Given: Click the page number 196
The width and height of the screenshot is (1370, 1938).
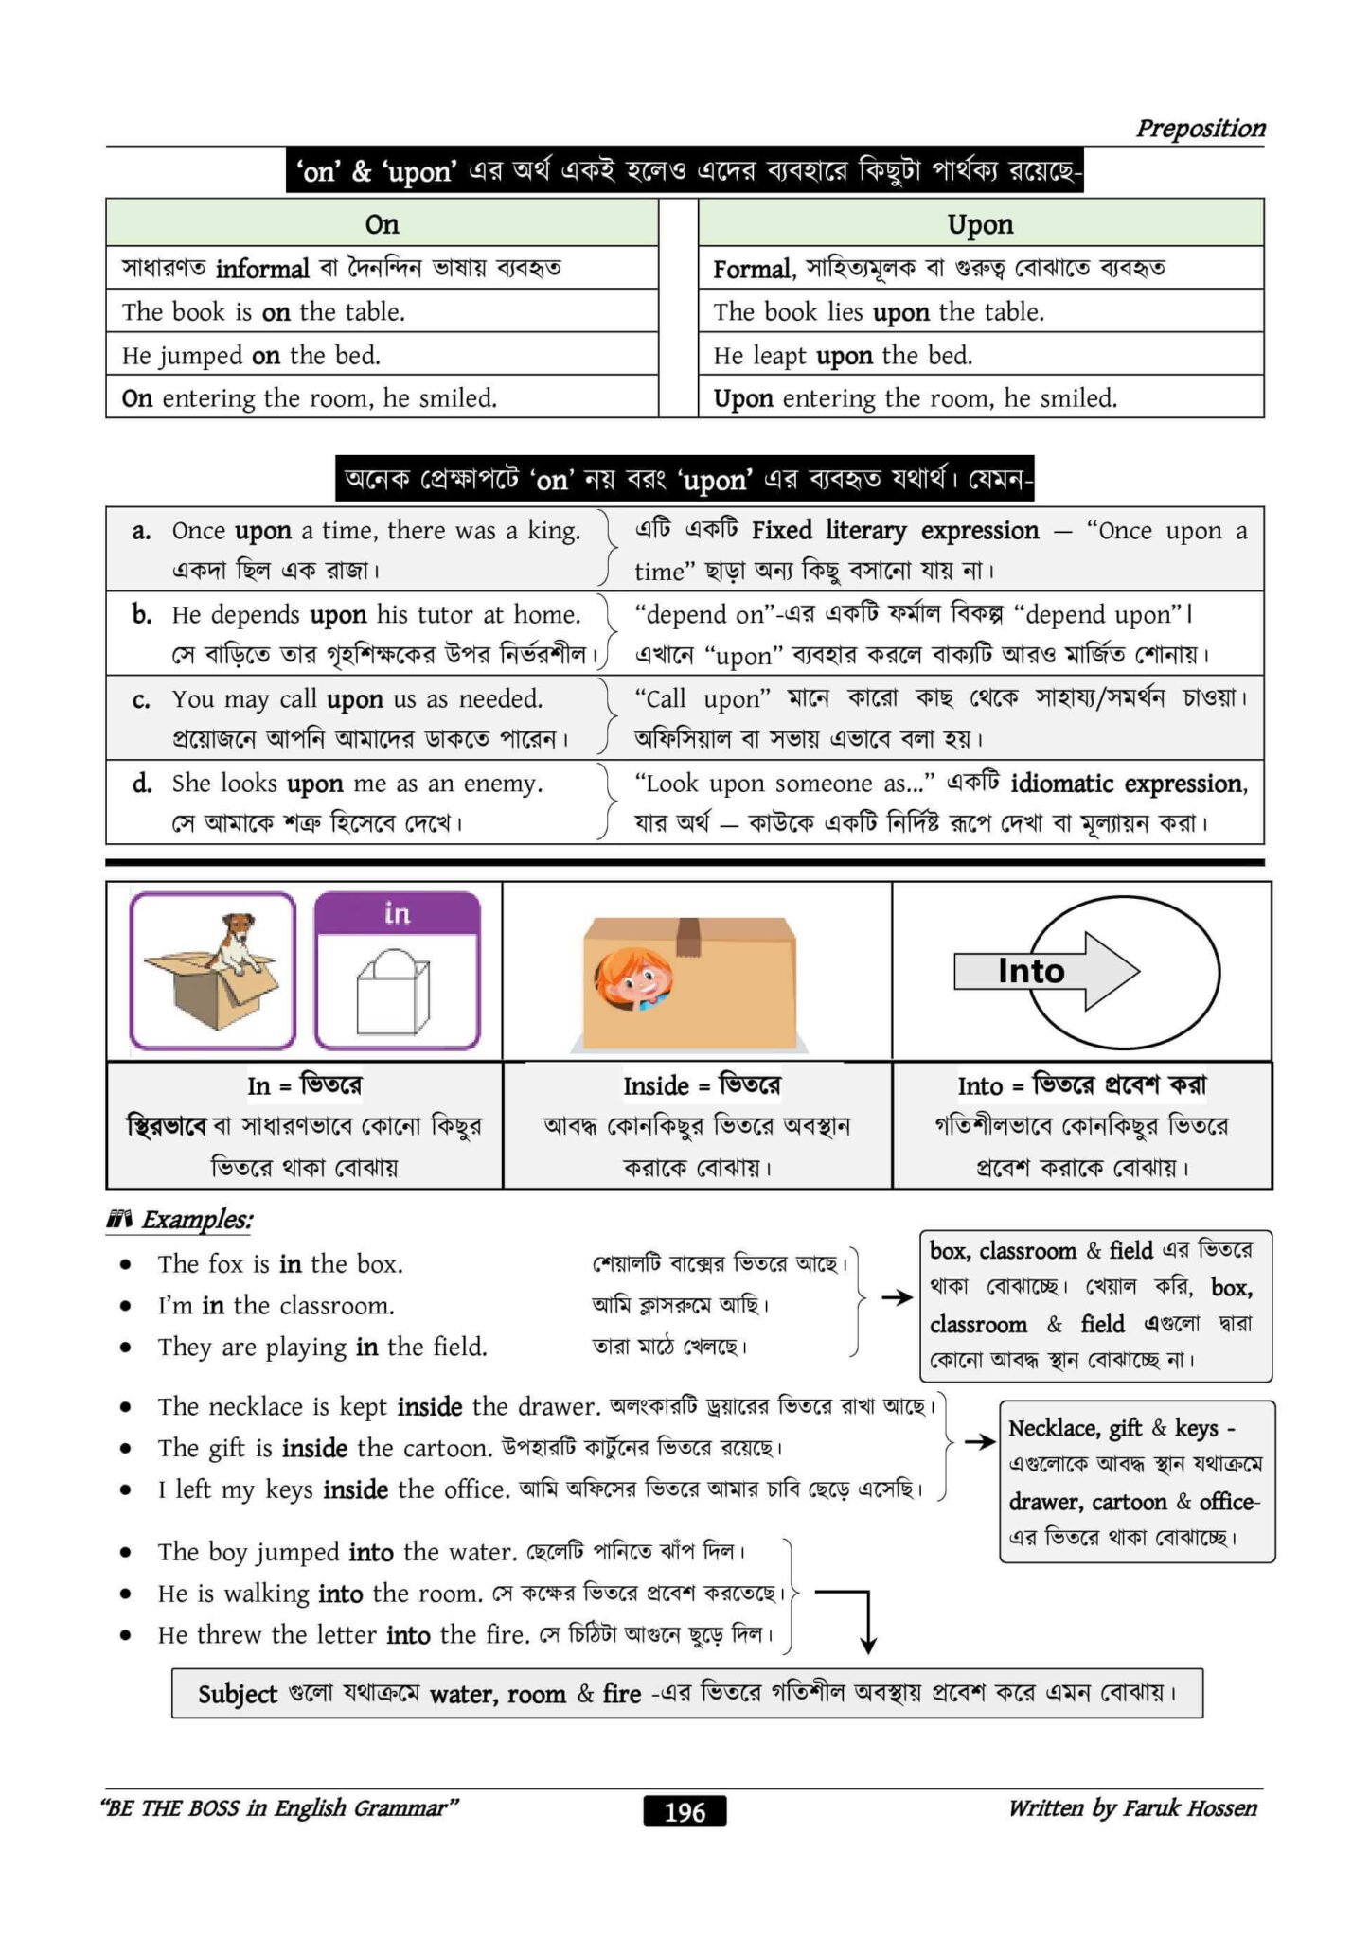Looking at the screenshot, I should [x=685, y=1811].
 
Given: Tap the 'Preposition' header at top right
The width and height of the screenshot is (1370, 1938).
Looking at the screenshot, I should [x=1201, y=128].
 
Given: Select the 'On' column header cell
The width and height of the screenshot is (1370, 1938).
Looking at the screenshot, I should [x=382, y=224].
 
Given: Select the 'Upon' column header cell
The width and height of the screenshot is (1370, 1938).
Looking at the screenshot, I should [x=980, y=224].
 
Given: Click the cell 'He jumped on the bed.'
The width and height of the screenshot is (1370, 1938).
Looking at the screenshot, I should [x=382, y=355].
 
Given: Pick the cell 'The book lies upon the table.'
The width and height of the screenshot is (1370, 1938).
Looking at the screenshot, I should [x=980, y=311].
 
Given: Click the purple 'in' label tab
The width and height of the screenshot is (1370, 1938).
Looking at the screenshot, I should [x=397, y=913].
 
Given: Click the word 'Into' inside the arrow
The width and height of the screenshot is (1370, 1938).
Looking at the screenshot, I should [x=1031, y=971].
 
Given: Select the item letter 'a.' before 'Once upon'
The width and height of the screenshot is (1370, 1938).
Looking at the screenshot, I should [x=141, y=531].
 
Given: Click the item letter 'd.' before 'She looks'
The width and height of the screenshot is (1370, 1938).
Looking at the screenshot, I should [x=142, y=784].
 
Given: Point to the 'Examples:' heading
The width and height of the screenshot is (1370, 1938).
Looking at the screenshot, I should [x=197, y=1220].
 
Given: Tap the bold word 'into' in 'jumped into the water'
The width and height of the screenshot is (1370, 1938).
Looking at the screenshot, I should [x=370, y=1552].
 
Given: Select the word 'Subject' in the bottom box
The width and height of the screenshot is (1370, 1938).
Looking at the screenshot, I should [x=238, y=1694].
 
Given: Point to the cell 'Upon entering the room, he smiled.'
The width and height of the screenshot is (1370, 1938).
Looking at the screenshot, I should [x=980, y=398].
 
